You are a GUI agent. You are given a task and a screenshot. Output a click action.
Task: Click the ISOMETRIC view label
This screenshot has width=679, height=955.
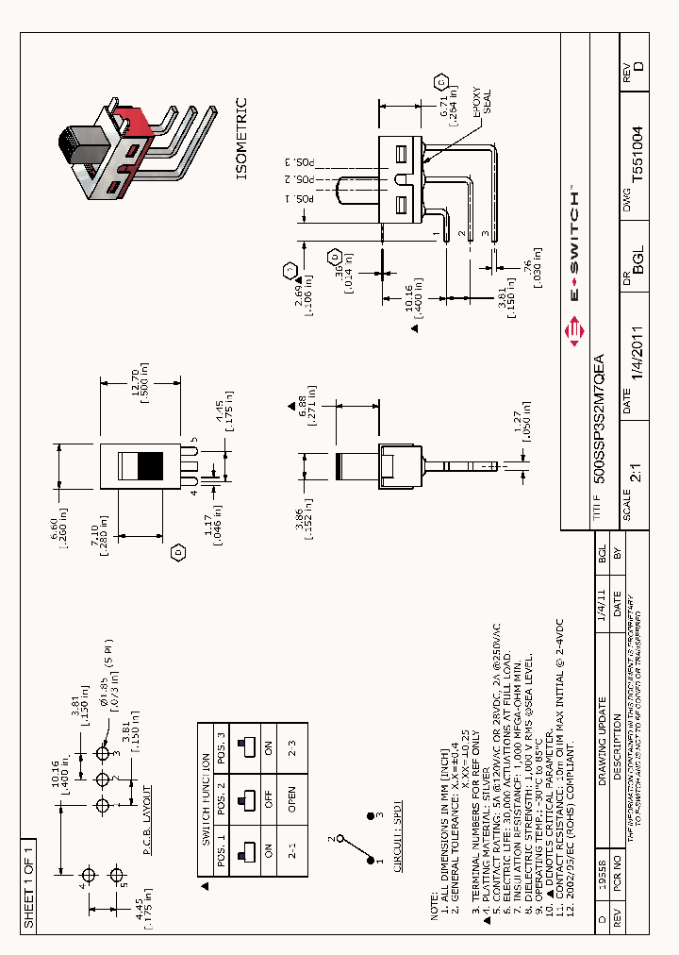[x=240, y=139]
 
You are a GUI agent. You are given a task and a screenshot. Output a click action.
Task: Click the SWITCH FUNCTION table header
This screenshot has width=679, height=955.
[x=206, y=787]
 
